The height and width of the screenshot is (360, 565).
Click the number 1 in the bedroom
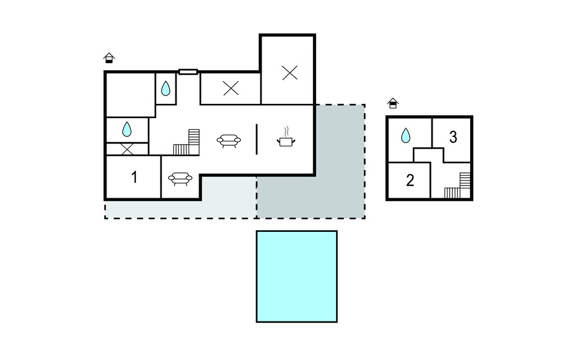[134, 177]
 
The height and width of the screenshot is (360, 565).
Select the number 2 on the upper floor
[410, 181]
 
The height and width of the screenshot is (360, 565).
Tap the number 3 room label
[453, 137]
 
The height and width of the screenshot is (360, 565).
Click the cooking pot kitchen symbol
[286, 137]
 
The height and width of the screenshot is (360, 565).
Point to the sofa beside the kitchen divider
[229, 141]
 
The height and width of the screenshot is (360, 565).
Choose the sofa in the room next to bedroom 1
[180, 178]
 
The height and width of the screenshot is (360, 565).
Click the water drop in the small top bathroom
[166, 88]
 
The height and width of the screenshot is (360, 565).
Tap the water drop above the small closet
[127, 129]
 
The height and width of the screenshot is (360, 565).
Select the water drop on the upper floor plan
[406, 135]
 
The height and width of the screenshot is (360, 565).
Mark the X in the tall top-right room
[290, 73]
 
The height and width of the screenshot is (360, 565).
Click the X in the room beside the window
[231, 88]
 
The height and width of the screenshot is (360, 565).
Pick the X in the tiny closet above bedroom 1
[127, 149]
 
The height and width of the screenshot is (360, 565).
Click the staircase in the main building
[186, 142]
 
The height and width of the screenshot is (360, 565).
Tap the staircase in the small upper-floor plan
[457, 186]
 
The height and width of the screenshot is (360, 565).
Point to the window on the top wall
[188, 72]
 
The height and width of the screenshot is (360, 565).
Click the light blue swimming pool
[297, 277]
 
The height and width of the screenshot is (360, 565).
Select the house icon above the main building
[109, 58]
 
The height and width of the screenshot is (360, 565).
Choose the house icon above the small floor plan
[393, 103]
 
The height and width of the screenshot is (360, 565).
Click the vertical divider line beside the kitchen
[257, 139]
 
